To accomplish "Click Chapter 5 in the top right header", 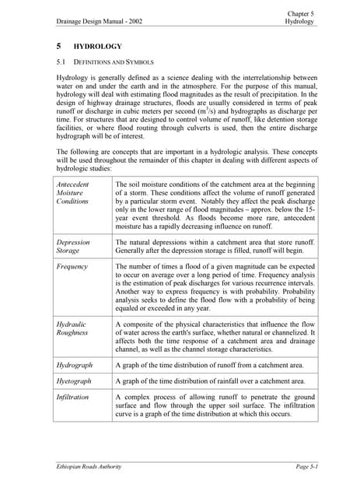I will [301, 13].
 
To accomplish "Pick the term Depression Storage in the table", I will [74, 247].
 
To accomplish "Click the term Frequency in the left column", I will [72, 266].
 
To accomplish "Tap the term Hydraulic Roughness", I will [74, 328].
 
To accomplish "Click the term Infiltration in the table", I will [74, 397].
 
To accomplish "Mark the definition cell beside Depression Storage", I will [215, 247].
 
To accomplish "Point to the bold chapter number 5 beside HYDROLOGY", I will [59, 47].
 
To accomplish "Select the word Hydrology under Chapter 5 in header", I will [299, 22].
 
